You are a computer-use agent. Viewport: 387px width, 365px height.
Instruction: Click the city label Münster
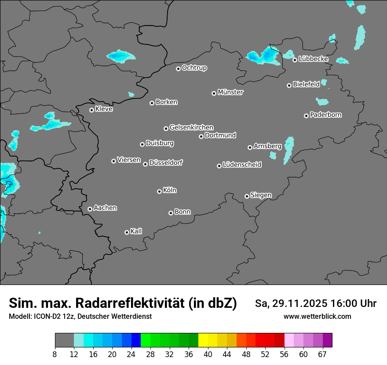230,92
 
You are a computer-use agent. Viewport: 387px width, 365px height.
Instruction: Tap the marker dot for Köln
159,191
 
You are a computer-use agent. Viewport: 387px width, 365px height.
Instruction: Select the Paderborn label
325,115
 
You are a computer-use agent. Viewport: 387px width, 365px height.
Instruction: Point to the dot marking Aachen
90,209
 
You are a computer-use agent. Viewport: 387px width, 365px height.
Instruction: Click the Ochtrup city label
194,68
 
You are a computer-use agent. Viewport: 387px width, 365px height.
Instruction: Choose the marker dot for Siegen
247,196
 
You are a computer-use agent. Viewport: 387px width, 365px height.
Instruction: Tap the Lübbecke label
313,59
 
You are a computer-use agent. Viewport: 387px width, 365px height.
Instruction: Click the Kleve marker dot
91,110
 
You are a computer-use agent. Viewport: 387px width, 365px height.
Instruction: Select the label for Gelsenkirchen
191,128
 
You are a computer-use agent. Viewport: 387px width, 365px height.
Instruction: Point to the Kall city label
136,231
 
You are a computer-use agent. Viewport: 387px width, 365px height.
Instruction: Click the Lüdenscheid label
242,165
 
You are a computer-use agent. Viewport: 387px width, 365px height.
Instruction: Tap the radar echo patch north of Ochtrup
120,56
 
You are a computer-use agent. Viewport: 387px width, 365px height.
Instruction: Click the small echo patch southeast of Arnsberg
273,155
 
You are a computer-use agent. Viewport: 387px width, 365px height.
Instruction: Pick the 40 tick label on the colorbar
208,354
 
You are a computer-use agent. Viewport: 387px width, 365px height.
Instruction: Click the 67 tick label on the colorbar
322,354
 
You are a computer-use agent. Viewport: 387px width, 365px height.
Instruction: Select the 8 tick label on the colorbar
55,354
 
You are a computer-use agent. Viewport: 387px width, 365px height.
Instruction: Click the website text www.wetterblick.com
317,316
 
